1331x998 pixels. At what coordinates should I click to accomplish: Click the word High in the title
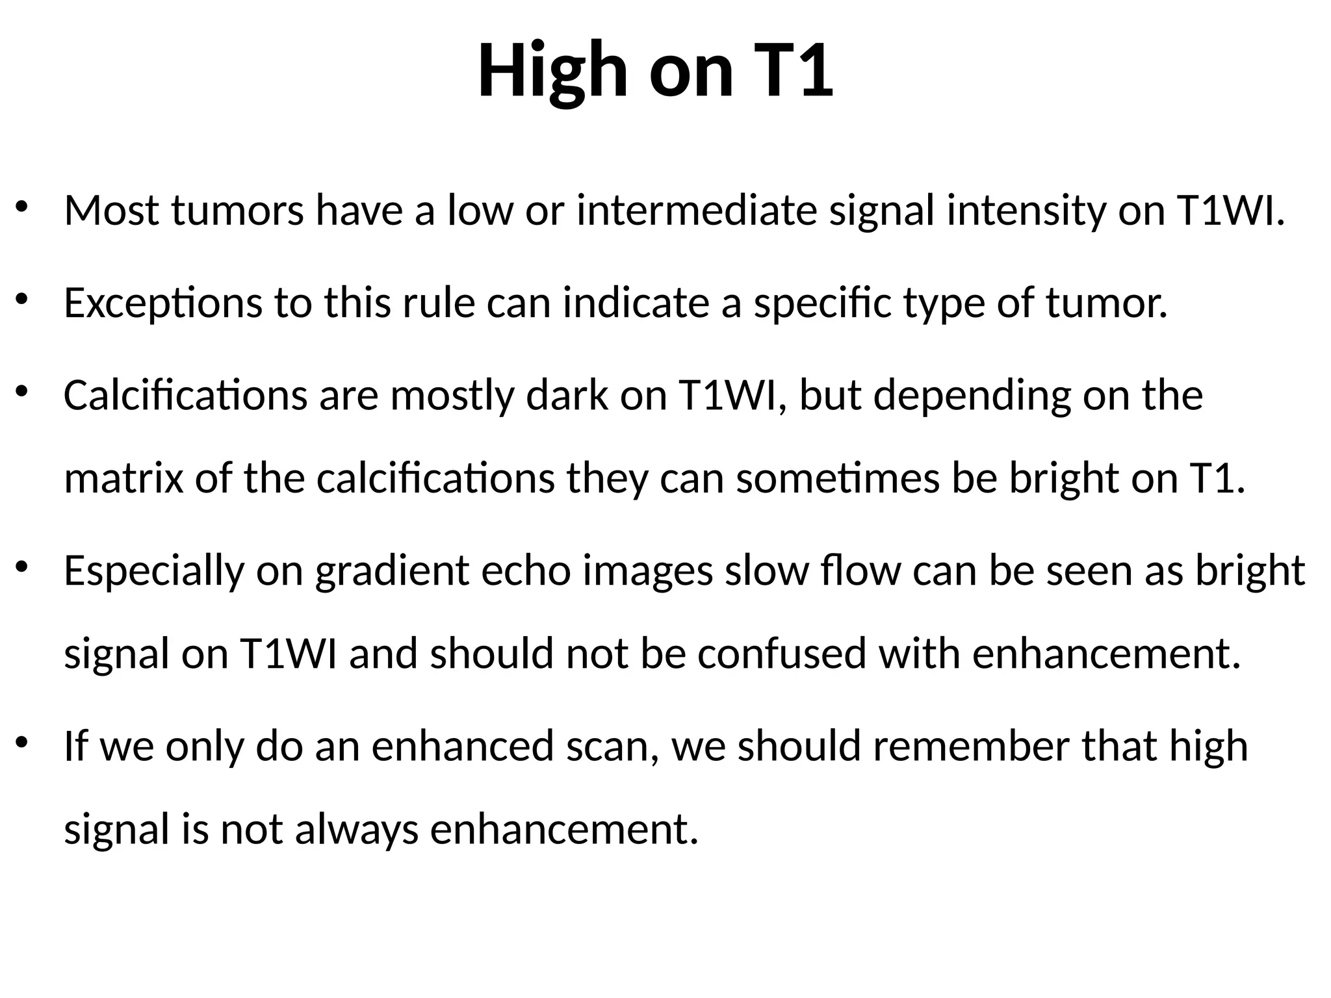click(552, 70)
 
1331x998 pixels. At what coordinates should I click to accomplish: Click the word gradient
click(392, 571)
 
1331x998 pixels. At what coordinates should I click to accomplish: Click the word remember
click(971, 746)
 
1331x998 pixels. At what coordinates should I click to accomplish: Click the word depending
click(972, 396)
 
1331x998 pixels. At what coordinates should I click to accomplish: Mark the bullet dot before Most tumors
click(22, 207)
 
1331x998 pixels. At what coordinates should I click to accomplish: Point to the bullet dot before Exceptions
click(22, 300)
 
